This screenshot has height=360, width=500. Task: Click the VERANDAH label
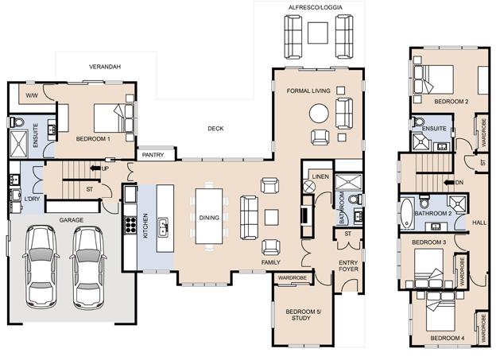[105, 67]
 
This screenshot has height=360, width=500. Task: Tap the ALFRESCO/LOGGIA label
[316, 7]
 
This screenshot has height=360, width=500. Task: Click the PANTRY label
[153, 155]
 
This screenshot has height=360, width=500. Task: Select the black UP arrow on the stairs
[95, 168]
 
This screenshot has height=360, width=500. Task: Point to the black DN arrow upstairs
[449, 183]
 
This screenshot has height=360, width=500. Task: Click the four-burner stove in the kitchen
[130, 224]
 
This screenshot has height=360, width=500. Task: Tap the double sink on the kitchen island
[163, 227]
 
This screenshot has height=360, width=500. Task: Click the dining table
[209, 216]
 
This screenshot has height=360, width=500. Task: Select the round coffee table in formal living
[319, 114]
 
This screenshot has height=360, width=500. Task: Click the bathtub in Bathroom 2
[407, 213]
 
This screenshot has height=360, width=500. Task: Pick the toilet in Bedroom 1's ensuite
[17, 122]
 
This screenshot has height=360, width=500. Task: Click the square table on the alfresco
[318, 33]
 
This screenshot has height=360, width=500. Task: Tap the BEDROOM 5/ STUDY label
[303, 315]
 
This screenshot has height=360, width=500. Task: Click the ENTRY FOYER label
[348, 266]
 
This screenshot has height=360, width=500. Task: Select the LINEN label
[320, 176]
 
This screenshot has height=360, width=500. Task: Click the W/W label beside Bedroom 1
[32, 95]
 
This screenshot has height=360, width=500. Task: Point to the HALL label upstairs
[479, 223]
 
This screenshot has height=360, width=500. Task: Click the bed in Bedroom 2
[433, 79]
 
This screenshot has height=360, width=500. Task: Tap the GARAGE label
[72, 220]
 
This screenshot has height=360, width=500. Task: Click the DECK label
[215, 129]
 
